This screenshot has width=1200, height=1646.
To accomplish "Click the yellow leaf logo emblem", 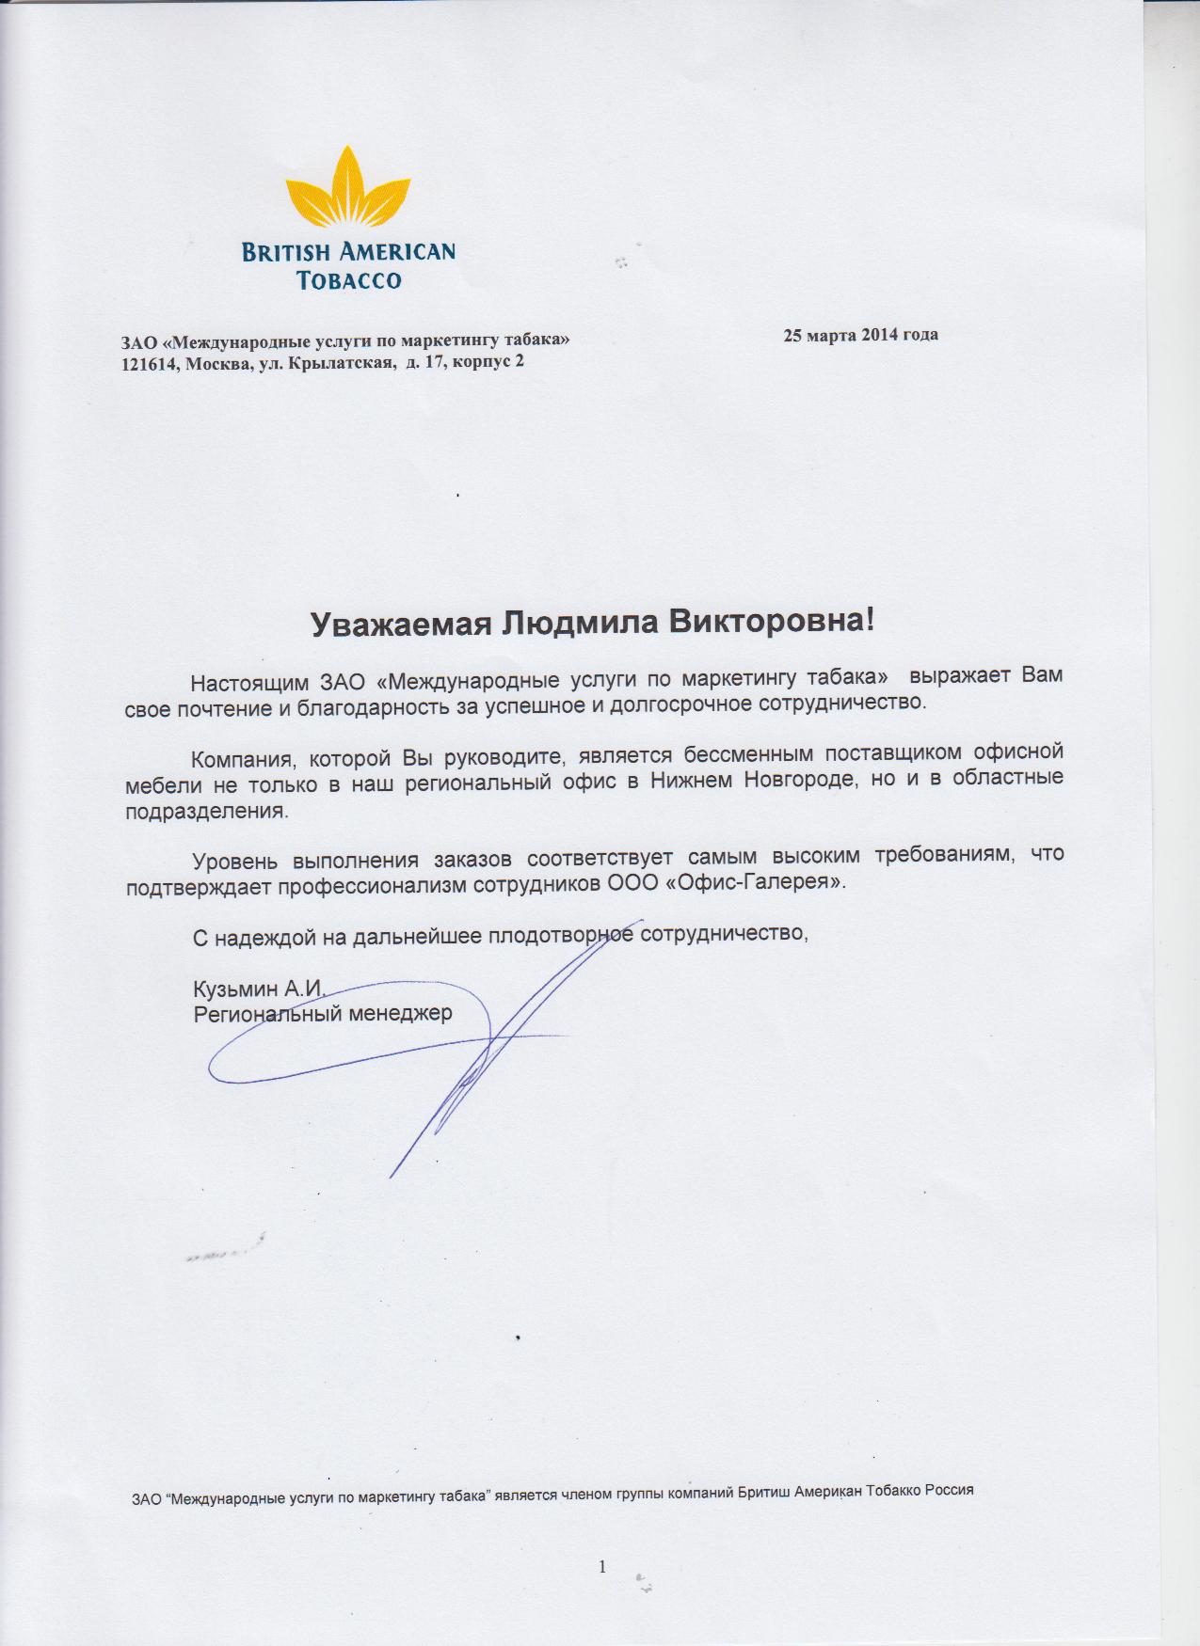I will coord(348,192).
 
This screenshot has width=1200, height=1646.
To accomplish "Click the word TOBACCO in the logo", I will coord(348,280).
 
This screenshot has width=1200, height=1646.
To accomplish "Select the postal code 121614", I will coord(150,364).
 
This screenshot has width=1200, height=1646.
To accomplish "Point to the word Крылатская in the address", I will coord(346,364).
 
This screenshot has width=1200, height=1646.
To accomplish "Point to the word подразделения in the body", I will coord(205,811).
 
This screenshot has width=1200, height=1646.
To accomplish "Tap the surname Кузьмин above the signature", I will coord(232,989).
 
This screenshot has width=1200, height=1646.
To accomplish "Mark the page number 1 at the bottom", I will coord(602,1566).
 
